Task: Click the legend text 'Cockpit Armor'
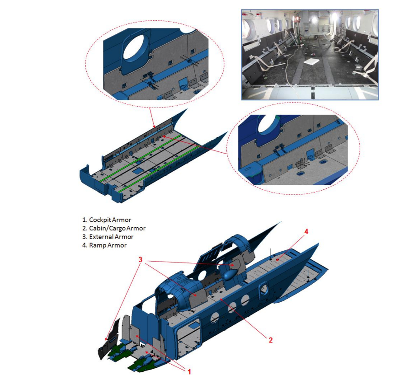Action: pos(110,220)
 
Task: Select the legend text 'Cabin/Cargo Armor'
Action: pos(118,229)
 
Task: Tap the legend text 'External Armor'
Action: pos(111,237)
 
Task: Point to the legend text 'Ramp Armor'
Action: pos(108,245)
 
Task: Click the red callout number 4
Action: pos(306,231)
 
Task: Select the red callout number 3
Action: pos(140,260)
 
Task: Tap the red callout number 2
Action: pos(271,340)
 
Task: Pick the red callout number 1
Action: pos(189,371)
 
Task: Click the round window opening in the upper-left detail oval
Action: pos(134,47)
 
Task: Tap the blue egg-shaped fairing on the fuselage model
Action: pos(230,275)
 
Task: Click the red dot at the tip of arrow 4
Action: pos(277,259)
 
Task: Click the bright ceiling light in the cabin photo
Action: pos(335,17)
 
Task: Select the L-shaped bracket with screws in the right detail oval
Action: pos(300,164)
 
